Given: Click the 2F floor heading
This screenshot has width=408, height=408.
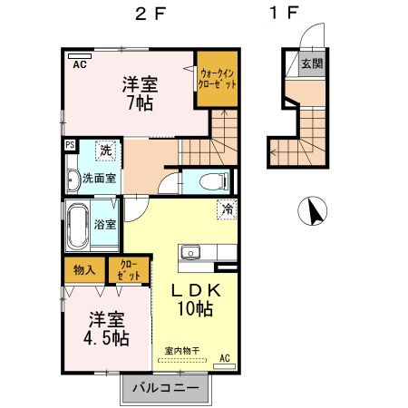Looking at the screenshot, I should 150,15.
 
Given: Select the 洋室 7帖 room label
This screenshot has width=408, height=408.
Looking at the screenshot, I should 141,93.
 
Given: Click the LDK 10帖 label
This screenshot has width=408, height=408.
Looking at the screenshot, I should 192,299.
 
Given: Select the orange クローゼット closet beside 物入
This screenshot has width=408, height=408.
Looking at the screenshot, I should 128,268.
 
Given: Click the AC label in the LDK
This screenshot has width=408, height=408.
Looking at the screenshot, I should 224,359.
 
